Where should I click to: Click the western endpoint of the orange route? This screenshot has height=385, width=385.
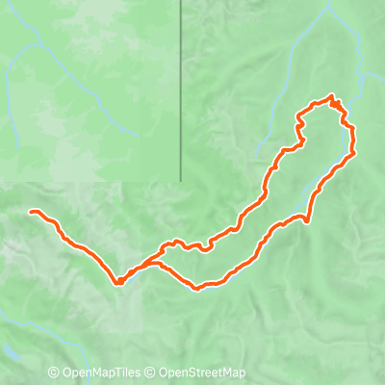point(32,212)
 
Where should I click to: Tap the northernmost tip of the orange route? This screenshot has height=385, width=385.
point(332,96)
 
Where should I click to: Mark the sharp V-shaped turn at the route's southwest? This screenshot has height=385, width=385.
point(119,282)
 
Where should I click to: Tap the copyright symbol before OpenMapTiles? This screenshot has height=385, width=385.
point(54,372)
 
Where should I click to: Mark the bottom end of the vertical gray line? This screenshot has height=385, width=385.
point(181,179)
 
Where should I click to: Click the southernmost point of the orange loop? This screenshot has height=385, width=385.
point(197,287)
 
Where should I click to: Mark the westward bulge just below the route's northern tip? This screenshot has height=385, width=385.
point(298,120)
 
